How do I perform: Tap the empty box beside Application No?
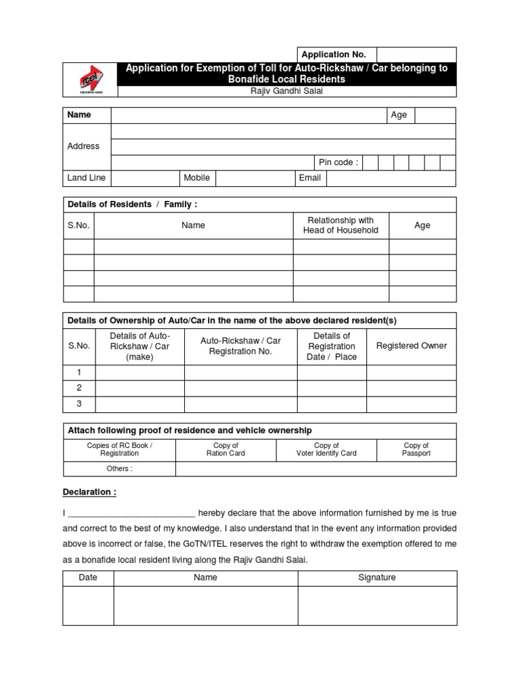click(416, 55)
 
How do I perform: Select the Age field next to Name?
click(435, 115)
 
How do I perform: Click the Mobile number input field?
click(255, 178)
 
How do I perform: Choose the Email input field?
click(391, 178)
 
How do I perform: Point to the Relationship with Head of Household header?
click(341, 225)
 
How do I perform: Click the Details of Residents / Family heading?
click(132, 204)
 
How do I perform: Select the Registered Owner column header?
click(411, 346)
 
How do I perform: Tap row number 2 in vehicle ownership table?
click(79, 388)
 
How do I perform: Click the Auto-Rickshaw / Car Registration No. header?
click(240, 346)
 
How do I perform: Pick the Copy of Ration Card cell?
click(225, 449)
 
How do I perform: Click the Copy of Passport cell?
click(416, 449)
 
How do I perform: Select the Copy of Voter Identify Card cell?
click(326, 449)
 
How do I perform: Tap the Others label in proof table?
click(119, 468)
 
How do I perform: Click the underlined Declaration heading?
click(90, 492)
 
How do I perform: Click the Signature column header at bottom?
click(377, 577)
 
